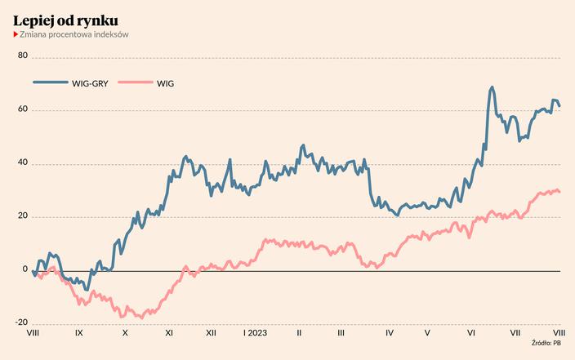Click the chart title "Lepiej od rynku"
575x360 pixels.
click(70, 19)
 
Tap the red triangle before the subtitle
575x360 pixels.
click(16, 34)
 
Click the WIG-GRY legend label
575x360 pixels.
click(87, 83)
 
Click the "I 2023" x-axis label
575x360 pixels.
click(255, 333)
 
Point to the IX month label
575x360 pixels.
click(78, 333)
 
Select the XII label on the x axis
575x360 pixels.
click(211, 333)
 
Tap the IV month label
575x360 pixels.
click(390, 333)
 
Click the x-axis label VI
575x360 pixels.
click(471, 333)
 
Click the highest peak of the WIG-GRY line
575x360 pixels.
click(492, 87)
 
